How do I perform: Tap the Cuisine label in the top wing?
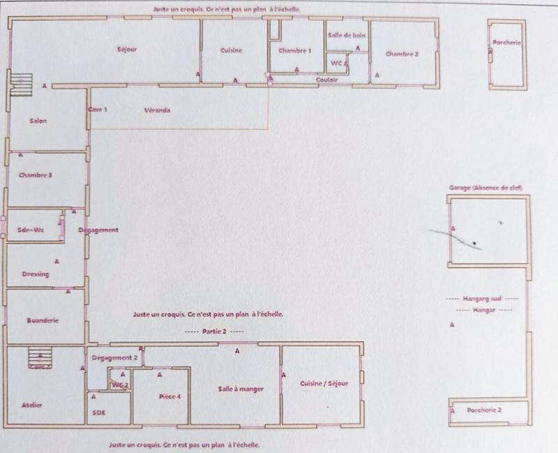(231, 50)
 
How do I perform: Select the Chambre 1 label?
(295, 51)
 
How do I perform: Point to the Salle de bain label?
(347, 35)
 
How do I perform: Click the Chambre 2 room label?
(402, 54)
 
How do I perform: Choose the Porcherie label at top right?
(507, 43)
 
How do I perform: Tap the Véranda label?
(157, 110)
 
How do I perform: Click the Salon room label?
(38, 121)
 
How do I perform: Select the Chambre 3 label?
(36, 175)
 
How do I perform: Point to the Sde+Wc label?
(31, 229)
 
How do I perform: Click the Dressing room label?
(36, 274)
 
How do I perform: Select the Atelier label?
(32, 404)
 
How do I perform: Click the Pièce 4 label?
(169, 396)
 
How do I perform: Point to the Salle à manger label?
(241, 389)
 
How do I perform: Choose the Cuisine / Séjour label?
(324, 384)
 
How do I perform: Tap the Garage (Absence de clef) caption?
(485, 188)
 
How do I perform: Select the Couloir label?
(327, 80)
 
